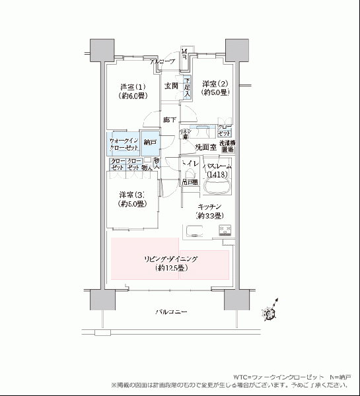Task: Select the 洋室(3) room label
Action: click(132, 199)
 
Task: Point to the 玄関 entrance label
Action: click(172, 86)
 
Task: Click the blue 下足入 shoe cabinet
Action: click(187, 87)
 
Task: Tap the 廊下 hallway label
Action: click(170, 120)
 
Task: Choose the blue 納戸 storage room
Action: click(150, 143)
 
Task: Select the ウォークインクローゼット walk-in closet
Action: click(124, 144)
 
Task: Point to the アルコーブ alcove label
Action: click(162, 61)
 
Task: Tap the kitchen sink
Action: click(196, 231)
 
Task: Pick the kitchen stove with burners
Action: click(225, 231)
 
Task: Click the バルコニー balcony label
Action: click(170, 310)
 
